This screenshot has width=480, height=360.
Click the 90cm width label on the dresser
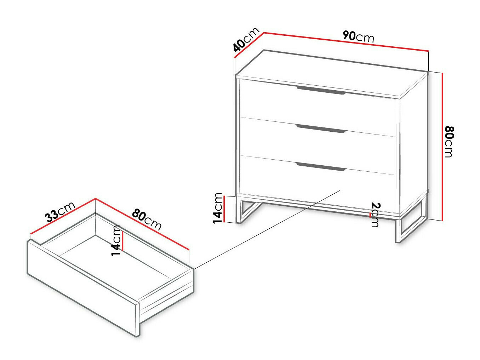click(x=358, y=36)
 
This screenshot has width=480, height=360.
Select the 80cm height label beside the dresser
click(x=448, y=141)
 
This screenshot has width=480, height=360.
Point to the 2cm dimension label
click(x=375, y=215)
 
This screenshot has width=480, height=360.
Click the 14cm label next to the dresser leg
click(x=218, y=208)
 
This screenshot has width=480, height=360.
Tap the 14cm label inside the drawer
click(x=116, y=240)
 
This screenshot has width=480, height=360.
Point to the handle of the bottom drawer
click(x=321, y=167)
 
